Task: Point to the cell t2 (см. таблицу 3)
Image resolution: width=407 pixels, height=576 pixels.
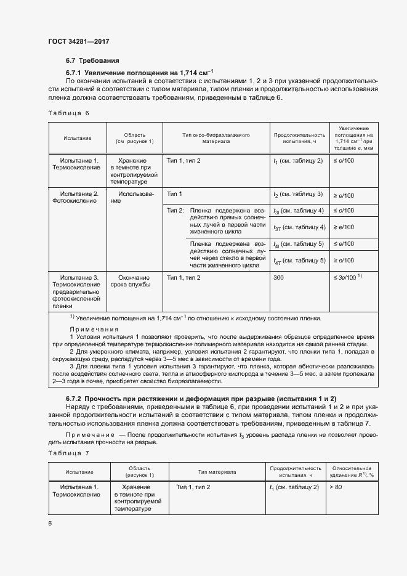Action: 298,195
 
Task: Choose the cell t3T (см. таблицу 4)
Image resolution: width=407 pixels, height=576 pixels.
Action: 299,227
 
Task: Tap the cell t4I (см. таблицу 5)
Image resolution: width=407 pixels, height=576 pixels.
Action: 299,244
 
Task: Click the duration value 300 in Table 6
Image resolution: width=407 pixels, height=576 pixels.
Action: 279,278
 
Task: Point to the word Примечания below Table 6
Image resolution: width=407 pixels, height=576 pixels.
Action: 93,329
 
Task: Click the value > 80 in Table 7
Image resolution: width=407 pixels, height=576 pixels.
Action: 336,487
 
